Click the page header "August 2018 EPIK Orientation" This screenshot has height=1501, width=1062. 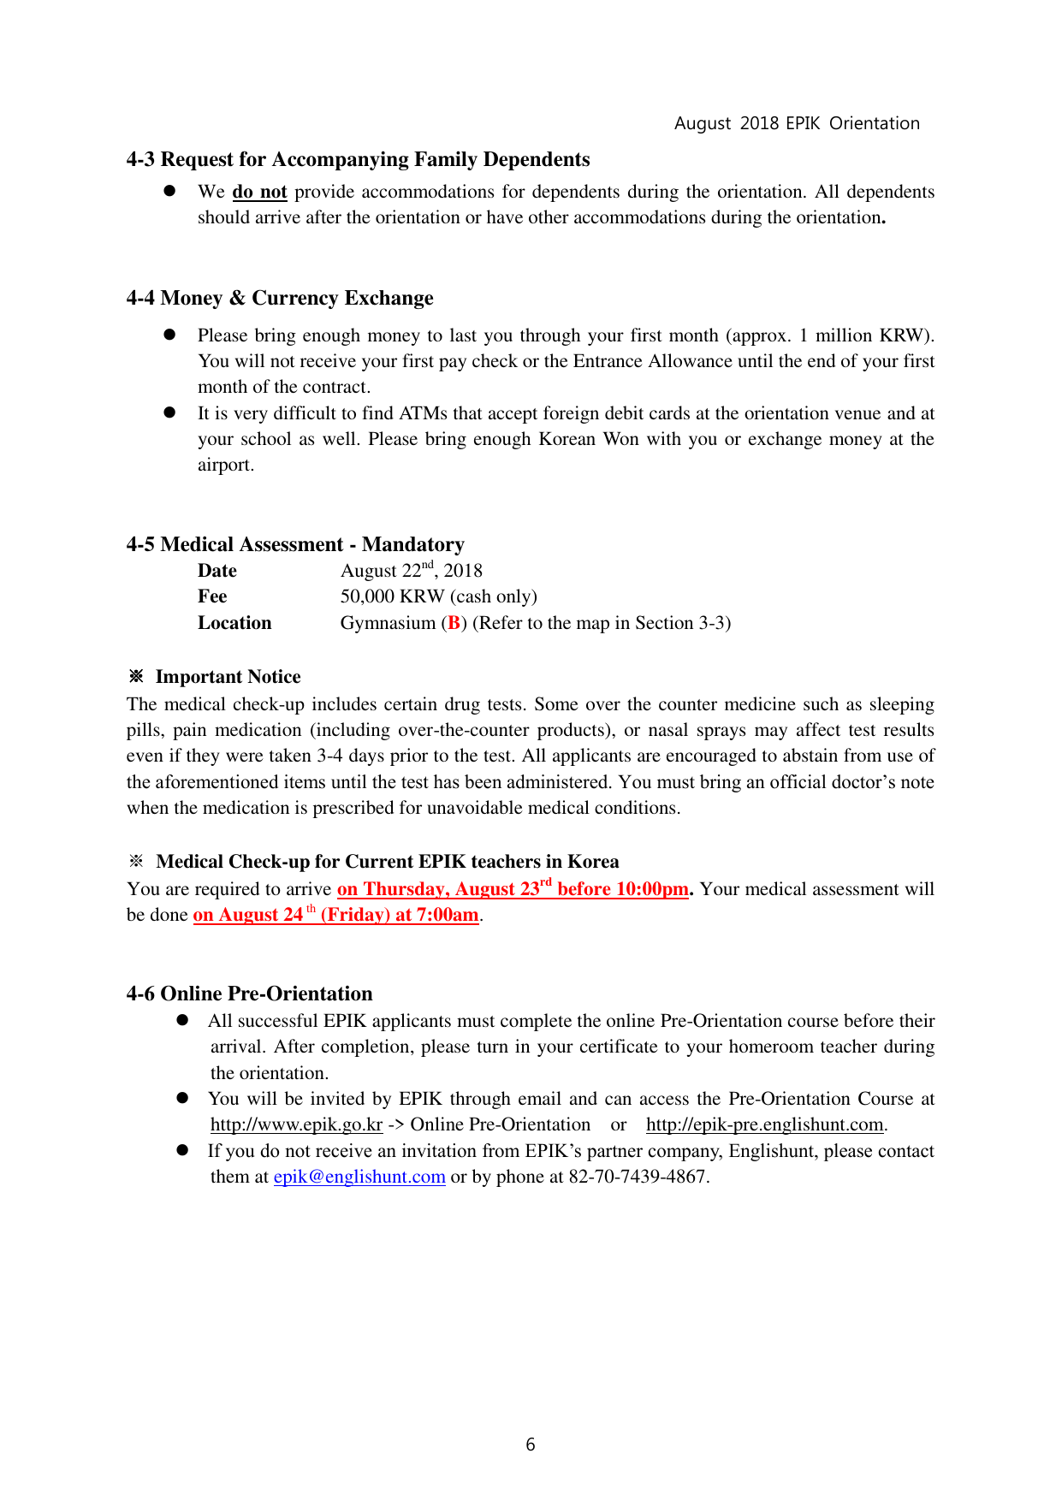pyautogui.click(x=797, y=123)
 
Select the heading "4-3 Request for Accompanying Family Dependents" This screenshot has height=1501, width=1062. pyautogui.click(x=358, y=160)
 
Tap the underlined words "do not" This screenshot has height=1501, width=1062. pyautogui.click(x=259, y=192)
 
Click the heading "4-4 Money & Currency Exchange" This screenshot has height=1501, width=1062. pyautogui.click(x=280, y=298)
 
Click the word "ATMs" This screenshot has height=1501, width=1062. pyautogui.click(x=423, y=413)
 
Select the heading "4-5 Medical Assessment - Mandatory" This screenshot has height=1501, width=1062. pyautogui.click(x=295, y=544)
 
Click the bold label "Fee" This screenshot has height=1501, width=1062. pyautogui.click(x=212, y=596)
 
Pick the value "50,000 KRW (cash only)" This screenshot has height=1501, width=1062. pyautogui.click(x=438, y=596)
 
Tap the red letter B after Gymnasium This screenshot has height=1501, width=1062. pyautogui.click(x=454, y=623)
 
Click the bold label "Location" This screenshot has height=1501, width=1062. pyautogui.click(x=234, y=623)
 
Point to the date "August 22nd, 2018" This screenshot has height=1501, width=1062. pyautogui.click(x=411, y=571)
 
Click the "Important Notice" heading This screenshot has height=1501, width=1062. pyautogui.click(x=228, y=677)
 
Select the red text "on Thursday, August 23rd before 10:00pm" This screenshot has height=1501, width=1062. pyautogui.click(x=513, y=889)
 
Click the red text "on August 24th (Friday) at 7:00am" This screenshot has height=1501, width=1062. pyautogui.click(x=335, y=915)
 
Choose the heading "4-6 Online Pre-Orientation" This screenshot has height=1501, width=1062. pyautogui.click(x=249, y=994)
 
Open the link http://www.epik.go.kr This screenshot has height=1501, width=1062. pyautogui.click(x=296, y=1124)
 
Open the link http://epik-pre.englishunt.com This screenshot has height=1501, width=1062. pyautogui.click(x=764, y=1124)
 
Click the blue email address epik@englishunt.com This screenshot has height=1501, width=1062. pyautogui.click(x=359, y=1177)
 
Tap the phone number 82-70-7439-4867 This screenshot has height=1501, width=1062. pyautogui.click(x=638, y=1177)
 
